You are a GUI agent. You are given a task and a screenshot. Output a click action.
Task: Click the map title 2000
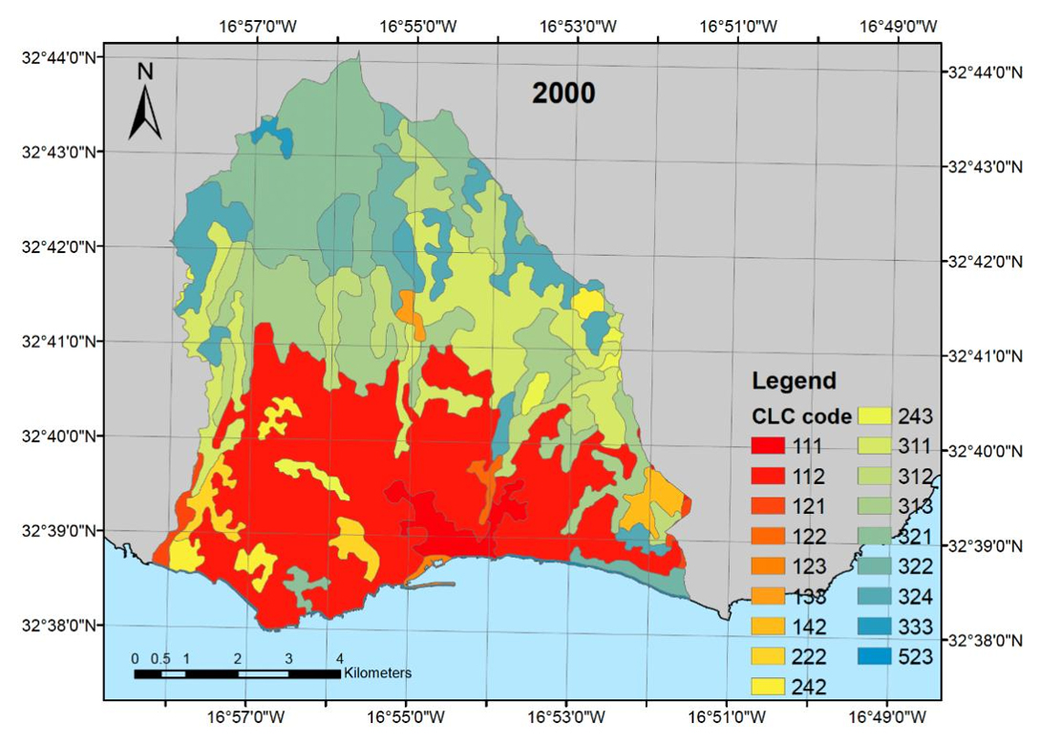(563, 93)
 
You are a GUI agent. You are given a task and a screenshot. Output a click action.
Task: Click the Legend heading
(794, 380)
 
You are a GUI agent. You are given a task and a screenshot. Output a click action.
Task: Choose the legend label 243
(914, 416)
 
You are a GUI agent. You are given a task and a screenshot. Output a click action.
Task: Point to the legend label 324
(914, 597)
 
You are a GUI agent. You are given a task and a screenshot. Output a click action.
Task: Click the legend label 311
(914, 446)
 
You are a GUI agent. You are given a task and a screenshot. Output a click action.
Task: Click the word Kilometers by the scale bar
(378, 673)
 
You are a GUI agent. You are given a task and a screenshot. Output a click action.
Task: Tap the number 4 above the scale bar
(339, 657)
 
